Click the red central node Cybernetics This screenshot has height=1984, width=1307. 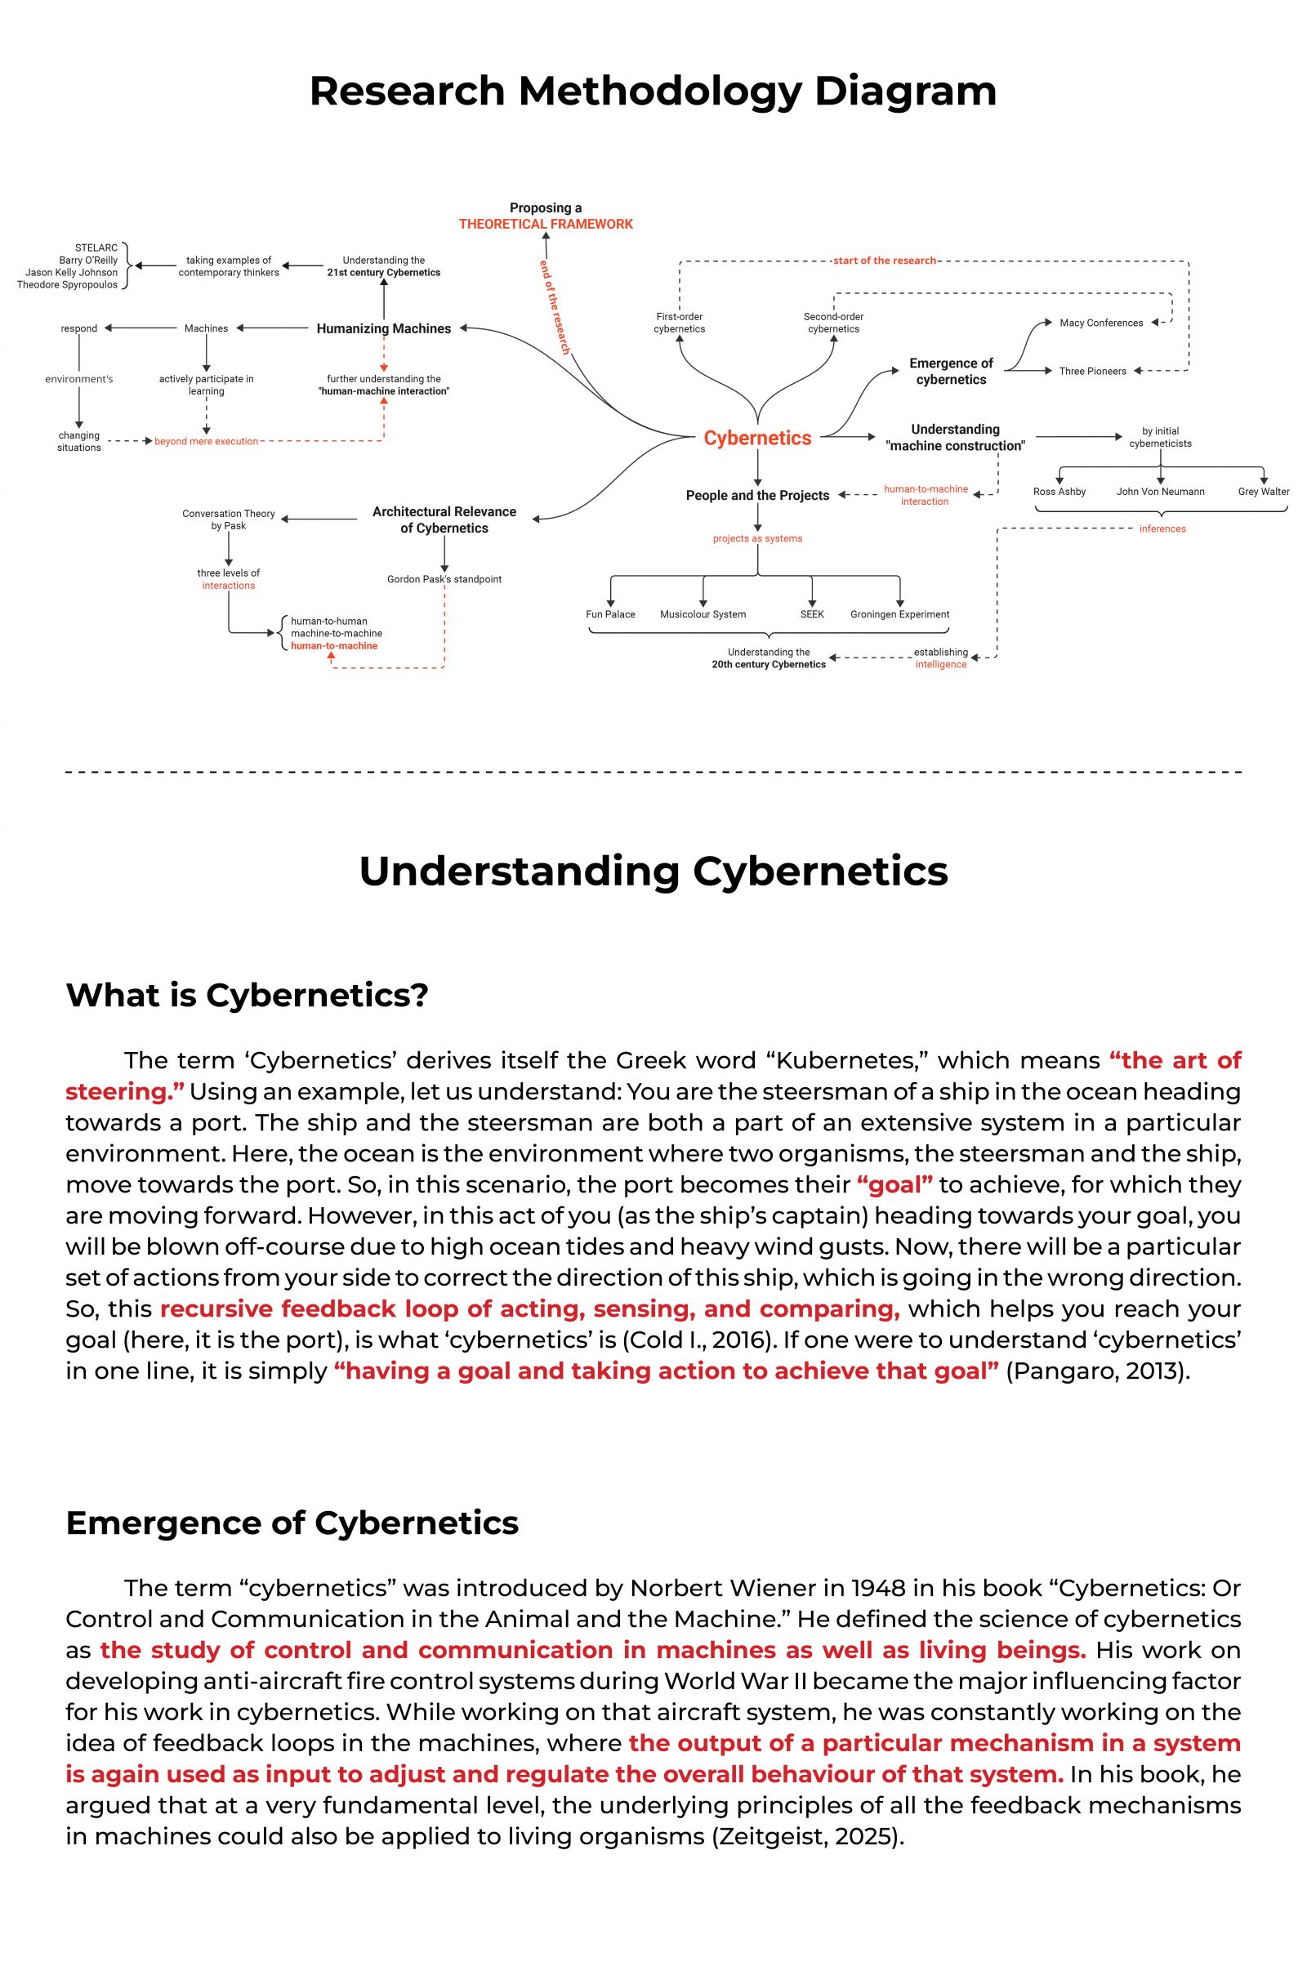[757, 438]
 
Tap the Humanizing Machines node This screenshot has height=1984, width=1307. [383, 328]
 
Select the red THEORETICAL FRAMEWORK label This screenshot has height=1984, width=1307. [546, 225]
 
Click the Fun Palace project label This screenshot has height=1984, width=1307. [610, 614]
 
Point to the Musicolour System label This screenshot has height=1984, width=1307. [703, 614]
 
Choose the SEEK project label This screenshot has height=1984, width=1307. [812, 614]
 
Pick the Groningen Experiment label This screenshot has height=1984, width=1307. [899, 614]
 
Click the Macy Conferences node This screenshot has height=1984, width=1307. [1101, 323]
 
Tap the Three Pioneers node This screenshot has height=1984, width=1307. [1093, 371]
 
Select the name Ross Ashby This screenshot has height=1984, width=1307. [1059, 492]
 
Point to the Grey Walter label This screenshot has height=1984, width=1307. [1264, 492]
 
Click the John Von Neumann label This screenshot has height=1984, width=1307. [1160, 492]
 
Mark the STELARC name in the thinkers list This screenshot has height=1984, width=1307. [96, 248]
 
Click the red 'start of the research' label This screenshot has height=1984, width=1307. [885, 261]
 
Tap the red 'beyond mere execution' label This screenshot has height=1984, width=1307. [206, 442]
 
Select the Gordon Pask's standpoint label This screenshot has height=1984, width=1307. [444, 579]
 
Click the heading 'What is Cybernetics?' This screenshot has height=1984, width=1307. [247, 995]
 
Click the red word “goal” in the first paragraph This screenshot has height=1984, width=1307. [894, 1184]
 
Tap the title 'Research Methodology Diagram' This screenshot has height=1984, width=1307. [653, 91]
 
